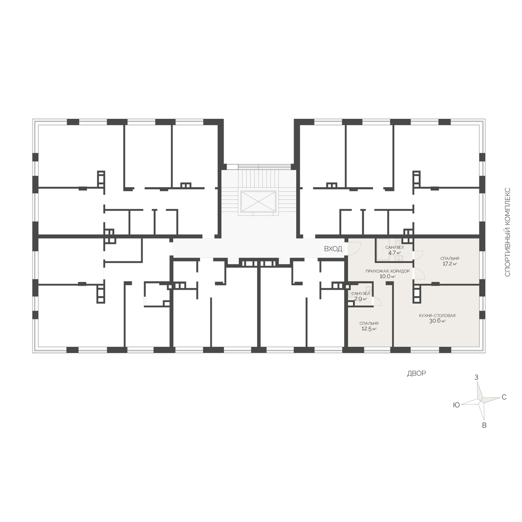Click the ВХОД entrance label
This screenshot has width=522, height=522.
333,249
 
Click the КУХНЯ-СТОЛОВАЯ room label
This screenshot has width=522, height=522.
437,315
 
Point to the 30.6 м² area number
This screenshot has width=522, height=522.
438,321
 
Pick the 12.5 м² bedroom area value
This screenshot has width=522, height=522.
369,329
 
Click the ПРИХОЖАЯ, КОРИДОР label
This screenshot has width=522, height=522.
388,271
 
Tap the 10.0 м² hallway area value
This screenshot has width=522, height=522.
388,277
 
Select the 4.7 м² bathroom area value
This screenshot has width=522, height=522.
395,253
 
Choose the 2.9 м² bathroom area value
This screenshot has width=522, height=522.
361,299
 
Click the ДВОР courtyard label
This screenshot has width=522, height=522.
416,374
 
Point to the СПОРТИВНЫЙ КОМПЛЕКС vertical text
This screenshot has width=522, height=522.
507,232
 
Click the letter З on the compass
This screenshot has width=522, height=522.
476,377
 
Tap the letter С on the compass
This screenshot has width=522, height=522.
504,398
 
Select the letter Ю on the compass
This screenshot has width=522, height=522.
456,405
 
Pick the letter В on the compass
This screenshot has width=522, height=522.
484,425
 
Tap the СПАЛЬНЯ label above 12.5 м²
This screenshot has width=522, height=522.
369,324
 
